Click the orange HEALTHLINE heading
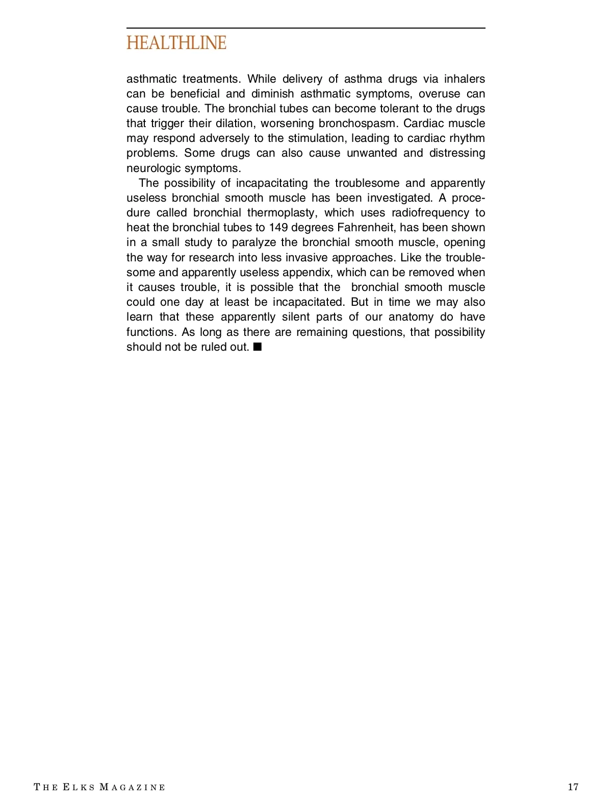coord(176,43)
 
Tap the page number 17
coord(573,787)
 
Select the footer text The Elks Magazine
coord(100,787)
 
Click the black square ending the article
coord(258,347)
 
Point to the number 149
coord(278,228)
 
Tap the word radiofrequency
coord(430,213)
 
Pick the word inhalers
coord(465,79)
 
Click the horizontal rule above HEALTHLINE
coord(305,28)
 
